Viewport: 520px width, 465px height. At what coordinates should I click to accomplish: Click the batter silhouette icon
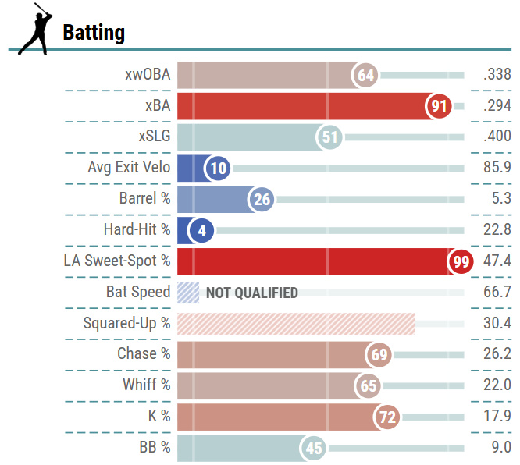pos(35,29)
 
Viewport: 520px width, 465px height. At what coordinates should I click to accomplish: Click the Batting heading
pos(94,33)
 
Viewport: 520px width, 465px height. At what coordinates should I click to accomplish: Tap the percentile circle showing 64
pos(365,75)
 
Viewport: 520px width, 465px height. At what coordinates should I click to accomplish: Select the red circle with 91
pos(439,106)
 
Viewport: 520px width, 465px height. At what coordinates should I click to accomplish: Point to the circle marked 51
pos(329,137)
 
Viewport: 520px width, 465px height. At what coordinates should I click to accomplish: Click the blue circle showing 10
pos(218,169)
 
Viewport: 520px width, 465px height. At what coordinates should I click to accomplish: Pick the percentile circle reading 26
pos(262,200)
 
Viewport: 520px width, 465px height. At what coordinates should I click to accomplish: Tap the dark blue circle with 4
pos(201,231)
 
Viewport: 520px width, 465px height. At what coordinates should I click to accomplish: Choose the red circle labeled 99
pos(461,262)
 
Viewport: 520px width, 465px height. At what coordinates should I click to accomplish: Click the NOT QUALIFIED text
pos(252,293)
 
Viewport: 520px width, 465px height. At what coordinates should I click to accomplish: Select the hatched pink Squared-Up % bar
pos(296,324)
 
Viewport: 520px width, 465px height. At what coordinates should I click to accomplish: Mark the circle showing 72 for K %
pos(386,417)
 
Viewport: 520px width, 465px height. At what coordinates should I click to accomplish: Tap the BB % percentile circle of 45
pos(313,448)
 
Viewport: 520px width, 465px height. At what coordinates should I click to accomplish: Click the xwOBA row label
pos(148,74)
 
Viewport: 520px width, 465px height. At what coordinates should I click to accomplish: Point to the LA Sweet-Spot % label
pos(117,261)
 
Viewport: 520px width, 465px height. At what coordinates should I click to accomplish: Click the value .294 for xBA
pos(497,105)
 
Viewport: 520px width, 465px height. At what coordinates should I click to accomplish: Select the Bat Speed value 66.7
pos(497,292)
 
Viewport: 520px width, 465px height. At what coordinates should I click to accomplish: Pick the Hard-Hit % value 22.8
pos(497,229)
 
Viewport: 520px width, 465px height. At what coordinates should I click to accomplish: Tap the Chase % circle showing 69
pos(379,355)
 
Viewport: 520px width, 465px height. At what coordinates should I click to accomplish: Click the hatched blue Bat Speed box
pos(188,293)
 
